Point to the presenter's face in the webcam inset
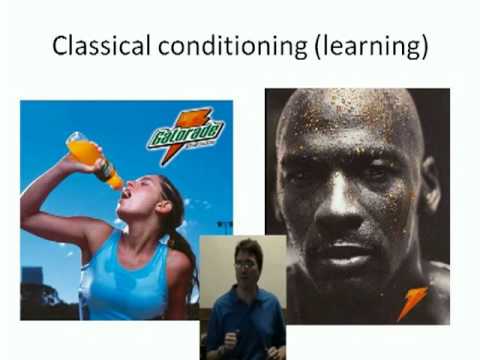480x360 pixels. (x=245, y=266)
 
